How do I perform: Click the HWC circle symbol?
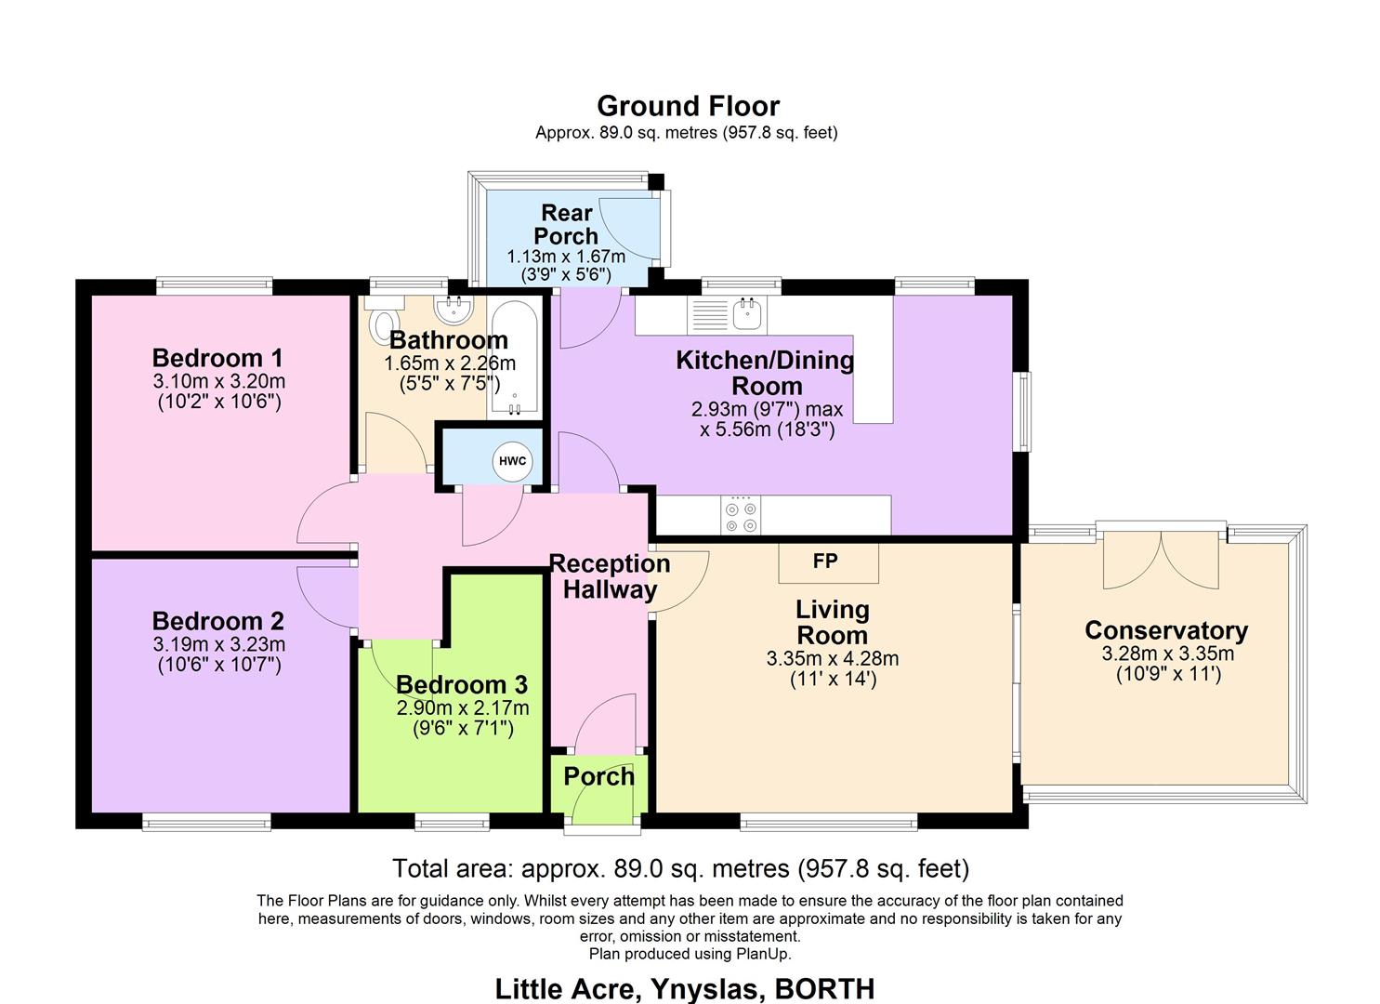click(x=512, y=461)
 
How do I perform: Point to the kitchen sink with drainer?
click(x=727, y=314)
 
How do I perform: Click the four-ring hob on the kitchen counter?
click(x=741, y=515)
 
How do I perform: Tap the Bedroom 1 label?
click(x=217, y=358)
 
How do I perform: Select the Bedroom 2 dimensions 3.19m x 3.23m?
click(x=218, y=644)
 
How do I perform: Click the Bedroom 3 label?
click(x=461, y=685)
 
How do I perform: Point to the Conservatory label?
click(x=1166, y=630)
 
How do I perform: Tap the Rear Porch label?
click(x=566, y=224)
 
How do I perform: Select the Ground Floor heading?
click(x=688, y=106)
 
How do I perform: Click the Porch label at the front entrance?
click(x=598, y=776)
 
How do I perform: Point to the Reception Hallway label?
click(x=610, y=576)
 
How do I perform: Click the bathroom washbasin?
click(x=458, y=307)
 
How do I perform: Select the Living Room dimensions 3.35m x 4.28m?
click(x=832, y=659)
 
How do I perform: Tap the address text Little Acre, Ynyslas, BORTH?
click(x=685, y=988)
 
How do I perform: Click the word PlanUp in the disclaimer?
click(x=763, y=954)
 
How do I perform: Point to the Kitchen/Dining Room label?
click(x=765, y=373)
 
